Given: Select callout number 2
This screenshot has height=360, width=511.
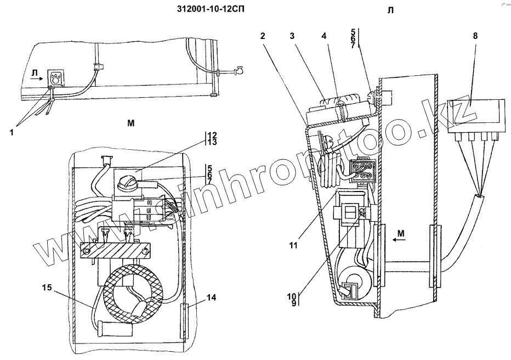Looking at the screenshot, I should click(x=263, y=36).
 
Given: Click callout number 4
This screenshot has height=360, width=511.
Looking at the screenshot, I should click(x=324, y=36).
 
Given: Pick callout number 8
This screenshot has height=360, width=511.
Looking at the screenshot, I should click(x=475, y=36).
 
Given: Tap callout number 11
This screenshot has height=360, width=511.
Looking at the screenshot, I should click(x=293, y=245).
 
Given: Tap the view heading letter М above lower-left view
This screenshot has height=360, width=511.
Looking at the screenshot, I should click(x=131, y=123).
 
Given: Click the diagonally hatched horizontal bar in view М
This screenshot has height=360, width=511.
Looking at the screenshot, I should click(x=114, y=251).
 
